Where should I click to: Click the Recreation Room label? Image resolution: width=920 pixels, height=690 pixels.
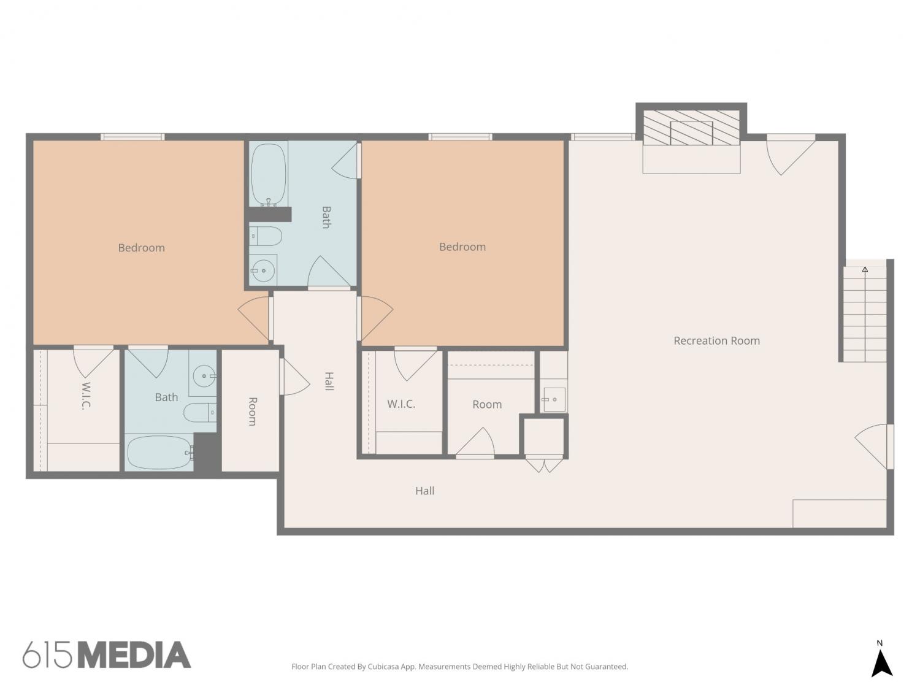pos(716,340)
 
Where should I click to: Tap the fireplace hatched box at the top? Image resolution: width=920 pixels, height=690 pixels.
pos(691,128)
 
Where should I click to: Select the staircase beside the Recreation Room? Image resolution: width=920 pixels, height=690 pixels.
pos(865,313)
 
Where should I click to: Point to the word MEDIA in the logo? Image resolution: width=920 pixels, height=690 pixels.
pos(134,655)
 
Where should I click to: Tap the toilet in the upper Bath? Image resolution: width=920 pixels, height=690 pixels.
pos(266,236)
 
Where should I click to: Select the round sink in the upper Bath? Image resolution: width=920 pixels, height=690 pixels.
pos(263,270)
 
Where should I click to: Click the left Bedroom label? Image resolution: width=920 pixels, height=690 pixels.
pos(141,248)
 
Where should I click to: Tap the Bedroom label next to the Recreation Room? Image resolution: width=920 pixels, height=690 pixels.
pos(462,247)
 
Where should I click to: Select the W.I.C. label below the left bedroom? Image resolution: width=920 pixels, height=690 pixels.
pos(85,396)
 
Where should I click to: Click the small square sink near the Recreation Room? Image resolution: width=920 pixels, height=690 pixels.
pos(554,399)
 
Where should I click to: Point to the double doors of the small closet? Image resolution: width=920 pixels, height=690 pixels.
pos(543,464)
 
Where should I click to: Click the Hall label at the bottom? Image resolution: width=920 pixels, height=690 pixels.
pos(424,491)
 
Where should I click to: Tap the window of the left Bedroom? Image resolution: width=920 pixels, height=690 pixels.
pos(132,137)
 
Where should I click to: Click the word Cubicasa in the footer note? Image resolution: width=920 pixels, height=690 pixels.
pos(383,667)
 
